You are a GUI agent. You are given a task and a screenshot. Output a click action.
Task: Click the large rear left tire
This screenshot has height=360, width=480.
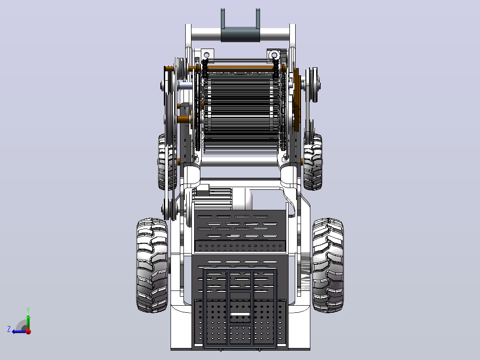(152, 266)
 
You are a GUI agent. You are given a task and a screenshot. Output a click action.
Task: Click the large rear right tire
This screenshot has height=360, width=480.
(328, 266)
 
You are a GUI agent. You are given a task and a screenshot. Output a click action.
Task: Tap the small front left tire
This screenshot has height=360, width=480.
(167, 162)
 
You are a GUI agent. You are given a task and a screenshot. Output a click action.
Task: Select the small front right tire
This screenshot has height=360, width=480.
(313, 162)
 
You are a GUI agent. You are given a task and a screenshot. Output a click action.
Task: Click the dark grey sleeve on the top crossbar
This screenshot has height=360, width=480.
(240, 34)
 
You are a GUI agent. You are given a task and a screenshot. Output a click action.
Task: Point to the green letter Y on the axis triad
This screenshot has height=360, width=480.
(28, 310)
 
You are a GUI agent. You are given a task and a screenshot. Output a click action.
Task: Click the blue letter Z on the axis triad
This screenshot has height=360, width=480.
(9, 329)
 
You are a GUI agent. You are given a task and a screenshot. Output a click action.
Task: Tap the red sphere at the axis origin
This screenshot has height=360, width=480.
(28, 331)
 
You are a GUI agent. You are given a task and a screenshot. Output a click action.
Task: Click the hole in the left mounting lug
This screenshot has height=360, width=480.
(207, 55)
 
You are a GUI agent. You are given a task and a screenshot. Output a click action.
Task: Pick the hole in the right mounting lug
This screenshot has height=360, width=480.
(274, 55)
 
